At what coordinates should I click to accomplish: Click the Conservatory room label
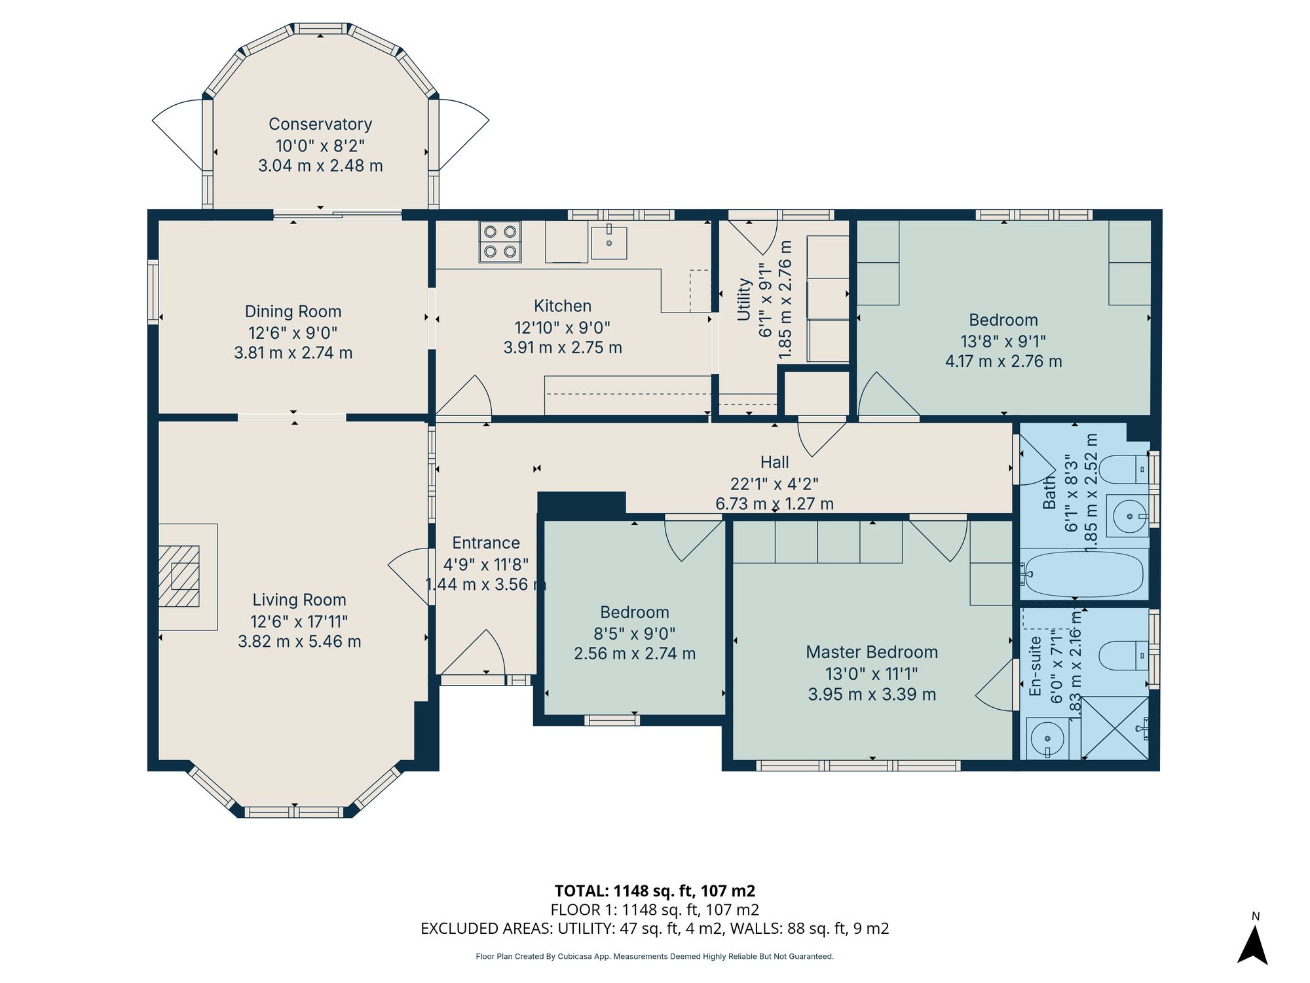(x=320, y=124)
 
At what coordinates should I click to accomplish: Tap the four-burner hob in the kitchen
(x=500, y=241)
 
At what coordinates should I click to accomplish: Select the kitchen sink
(x=608, y=242)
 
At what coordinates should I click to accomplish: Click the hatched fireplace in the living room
(x=179, y=576)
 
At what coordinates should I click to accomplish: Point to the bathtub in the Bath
(x=1084, y=574)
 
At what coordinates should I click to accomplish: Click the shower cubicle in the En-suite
(x=1114, y=728)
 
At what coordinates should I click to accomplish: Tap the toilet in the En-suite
(x=1123, y=655)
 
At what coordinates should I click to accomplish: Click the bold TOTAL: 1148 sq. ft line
(x=654, y=891)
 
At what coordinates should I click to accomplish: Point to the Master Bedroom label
(x=872, y=652)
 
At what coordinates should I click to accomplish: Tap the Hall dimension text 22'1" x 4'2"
(x=774, y=484)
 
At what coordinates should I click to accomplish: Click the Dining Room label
(x=293, y=311)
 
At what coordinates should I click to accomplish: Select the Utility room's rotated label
(x=744, y=299)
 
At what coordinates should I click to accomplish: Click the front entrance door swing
(x=478, y=655)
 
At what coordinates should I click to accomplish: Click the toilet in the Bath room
(x=1123, y=469)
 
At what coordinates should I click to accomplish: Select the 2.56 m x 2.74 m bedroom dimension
(x=634, y=653)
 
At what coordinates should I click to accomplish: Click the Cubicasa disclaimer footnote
(x=654, y=957)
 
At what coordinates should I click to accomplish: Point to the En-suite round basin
(x=1045, y=738)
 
